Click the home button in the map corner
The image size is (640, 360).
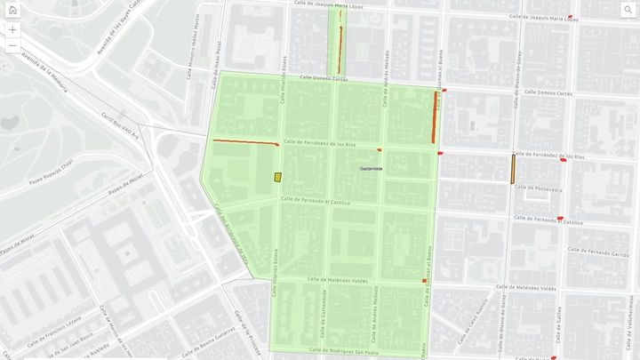pyautogui.click(x=12, y=10)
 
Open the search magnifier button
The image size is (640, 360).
pyautogui.click(x=627, y=10)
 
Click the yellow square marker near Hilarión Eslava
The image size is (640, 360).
pyautogui.click(x=277, y=177)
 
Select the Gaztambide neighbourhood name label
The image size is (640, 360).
pyautogui.click(x=371, y=167)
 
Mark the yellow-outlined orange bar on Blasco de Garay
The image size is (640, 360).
pyautogui.click(x=513, y=168)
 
